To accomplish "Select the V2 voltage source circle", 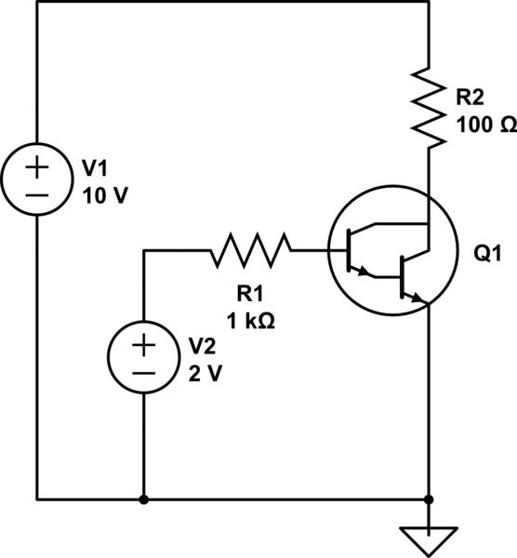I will (x=143, y=358).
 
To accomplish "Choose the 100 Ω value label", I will (x=481, y=123).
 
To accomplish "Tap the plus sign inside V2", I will (x=143, y=345).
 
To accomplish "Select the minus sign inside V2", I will (x=143, y=372).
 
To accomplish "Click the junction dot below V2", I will (x=143, y=498).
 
